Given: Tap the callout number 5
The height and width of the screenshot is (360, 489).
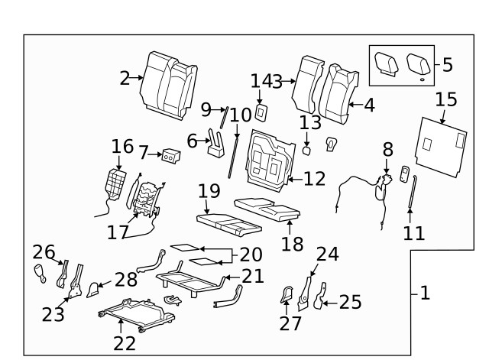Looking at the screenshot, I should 447,65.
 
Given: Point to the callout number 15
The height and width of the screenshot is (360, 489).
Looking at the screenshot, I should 446,99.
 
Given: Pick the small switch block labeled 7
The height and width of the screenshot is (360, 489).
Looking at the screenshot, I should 170,155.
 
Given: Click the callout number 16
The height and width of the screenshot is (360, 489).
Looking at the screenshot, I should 122,147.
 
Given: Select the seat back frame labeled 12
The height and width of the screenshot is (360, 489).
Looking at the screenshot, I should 269,161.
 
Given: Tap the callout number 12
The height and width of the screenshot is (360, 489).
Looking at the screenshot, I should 314,179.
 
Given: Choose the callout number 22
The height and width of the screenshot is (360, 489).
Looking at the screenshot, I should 125,342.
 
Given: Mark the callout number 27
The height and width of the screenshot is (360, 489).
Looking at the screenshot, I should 290,323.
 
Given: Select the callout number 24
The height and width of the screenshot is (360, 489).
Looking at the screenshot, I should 327,255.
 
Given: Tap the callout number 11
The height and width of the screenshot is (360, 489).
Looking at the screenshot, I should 413,232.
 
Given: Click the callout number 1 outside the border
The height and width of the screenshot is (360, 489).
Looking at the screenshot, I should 425,293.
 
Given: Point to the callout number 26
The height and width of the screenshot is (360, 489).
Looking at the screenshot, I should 44,251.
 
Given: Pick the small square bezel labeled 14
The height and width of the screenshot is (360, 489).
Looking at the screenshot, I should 261,112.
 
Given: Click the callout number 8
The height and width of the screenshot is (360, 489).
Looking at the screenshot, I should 387,148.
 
